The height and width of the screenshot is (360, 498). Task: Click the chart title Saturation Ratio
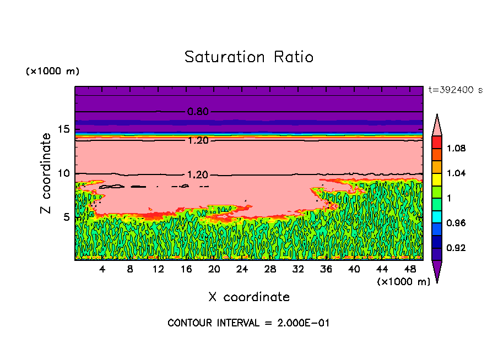tap(249, 57)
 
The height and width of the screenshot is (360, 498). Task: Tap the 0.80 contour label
tap(198, 112)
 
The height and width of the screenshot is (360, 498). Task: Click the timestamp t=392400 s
tap(455, 90)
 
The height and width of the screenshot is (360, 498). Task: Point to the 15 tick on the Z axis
tap(63, 129)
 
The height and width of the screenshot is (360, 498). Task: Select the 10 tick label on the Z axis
tap(63, 173)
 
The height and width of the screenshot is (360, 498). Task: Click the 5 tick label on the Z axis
tap(67, 217)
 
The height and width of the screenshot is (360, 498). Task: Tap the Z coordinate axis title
tap(46, 173)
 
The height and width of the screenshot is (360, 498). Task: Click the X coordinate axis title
tap(249, 297)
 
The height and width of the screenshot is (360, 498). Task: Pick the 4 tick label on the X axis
tap(102, 269)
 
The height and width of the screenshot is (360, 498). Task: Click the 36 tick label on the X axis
tap(326, 269)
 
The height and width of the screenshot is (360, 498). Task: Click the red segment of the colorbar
tap(436, 142)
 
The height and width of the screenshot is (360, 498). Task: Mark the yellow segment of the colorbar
tap(436, 179)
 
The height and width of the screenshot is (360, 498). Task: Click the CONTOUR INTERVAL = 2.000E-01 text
tap(248, 323)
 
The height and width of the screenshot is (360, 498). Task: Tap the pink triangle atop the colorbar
tap(436, 127)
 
